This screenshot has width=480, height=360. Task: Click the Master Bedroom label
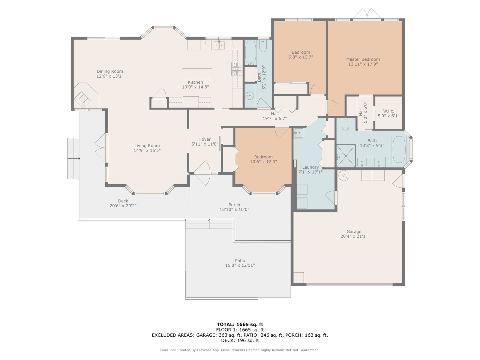363,59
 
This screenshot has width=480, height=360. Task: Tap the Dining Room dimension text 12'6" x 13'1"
110,76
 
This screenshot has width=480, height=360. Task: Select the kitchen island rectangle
197,74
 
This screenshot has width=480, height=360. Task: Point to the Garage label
354,231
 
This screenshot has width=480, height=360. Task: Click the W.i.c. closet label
388,111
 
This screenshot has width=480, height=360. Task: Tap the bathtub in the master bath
399,149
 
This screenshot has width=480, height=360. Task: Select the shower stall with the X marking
346,156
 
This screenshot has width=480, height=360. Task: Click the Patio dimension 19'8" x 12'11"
240,265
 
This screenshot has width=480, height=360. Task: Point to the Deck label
123,201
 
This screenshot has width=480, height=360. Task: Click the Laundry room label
310,167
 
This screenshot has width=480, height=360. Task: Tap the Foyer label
205,139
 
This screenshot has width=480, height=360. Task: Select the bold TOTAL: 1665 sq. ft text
240,324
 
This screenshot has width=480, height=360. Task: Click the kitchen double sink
219,45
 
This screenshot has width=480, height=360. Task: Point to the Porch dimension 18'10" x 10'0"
234,209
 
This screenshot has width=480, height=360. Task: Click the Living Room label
147,145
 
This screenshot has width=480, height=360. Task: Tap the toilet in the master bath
345,124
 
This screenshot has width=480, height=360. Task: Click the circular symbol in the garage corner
343,175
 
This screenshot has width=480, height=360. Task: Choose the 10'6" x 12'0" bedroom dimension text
263,162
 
